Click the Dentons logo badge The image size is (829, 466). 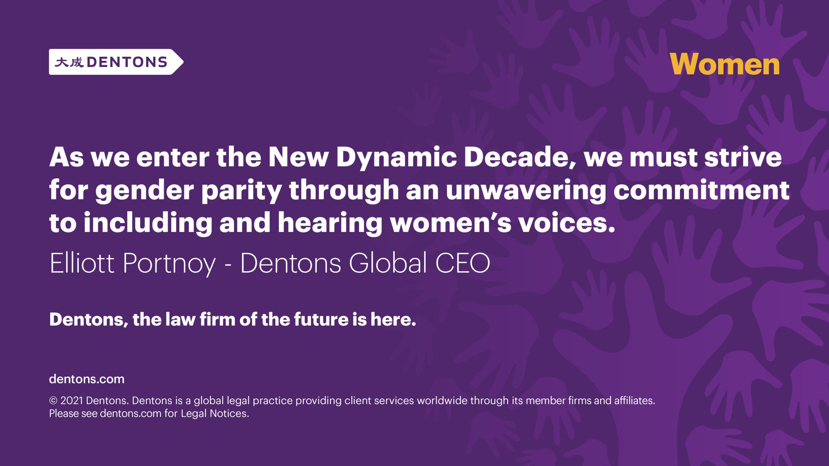tap(116, 62)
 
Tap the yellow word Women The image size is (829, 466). tap(724, 64)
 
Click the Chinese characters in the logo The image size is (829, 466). tap(69, 62)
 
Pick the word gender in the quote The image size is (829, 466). tap(144, 191)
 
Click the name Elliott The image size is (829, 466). tap(82, 263)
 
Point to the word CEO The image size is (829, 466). tap(462, 263)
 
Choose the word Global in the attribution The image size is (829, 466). tap(388, 262)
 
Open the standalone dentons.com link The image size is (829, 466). tap(87, 379)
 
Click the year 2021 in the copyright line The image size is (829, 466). tap(72, 401)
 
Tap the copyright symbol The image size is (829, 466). tap(53, 401)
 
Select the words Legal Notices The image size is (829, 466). tap(215, 414)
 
